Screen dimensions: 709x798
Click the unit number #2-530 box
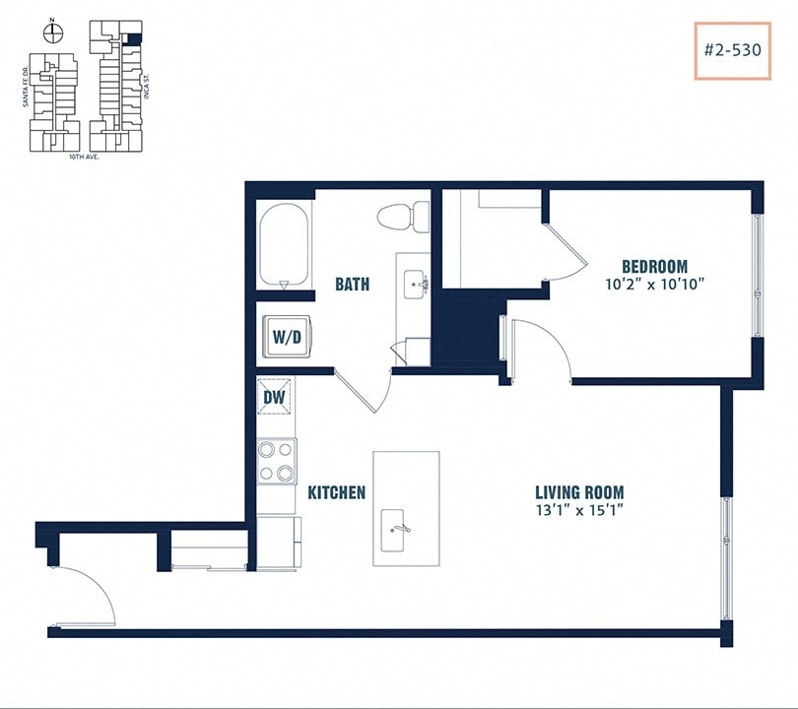(732, 50)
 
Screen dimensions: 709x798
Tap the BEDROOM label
(654, 266)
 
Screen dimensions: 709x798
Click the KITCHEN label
(337, 492)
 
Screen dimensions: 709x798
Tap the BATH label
(353, 285)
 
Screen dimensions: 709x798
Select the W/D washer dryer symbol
(286, 337)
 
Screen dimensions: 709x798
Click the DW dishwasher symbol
(275, 397)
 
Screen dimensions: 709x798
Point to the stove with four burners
(276, 462)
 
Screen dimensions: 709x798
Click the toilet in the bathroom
(405, 214)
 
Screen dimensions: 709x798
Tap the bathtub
(285, 244)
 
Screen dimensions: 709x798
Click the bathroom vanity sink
(413, 284)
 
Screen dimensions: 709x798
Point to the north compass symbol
(54, 33)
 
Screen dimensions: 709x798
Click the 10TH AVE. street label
(85, 157)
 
